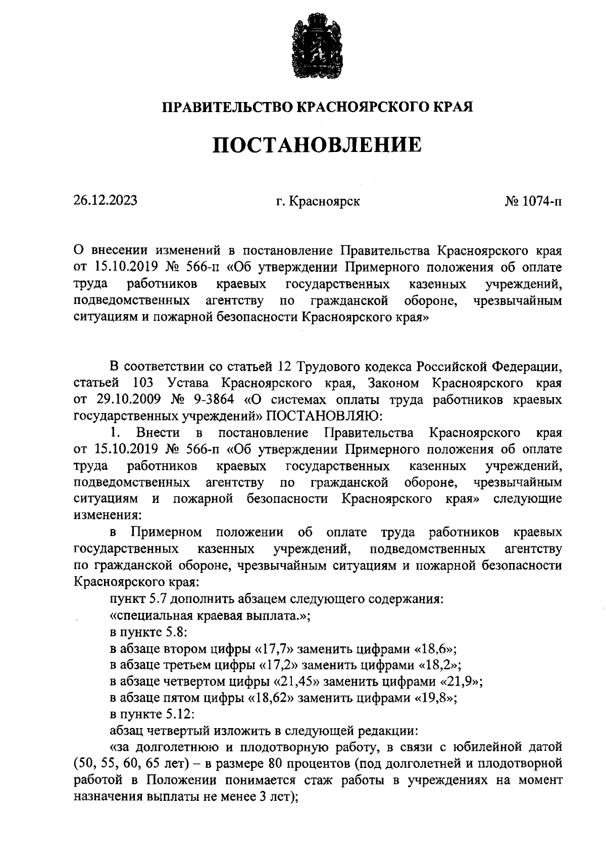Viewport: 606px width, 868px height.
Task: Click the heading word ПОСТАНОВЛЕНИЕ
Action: click(x=316, y=145)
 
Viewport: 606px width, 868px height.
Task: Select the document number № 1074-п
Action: click(x=533, y=201)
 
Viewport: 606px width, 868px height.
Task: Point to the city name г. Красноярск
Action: click(x=318, y=201)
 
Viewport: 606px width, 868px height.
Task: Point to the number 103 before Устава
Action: click(x=143, y=383)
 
